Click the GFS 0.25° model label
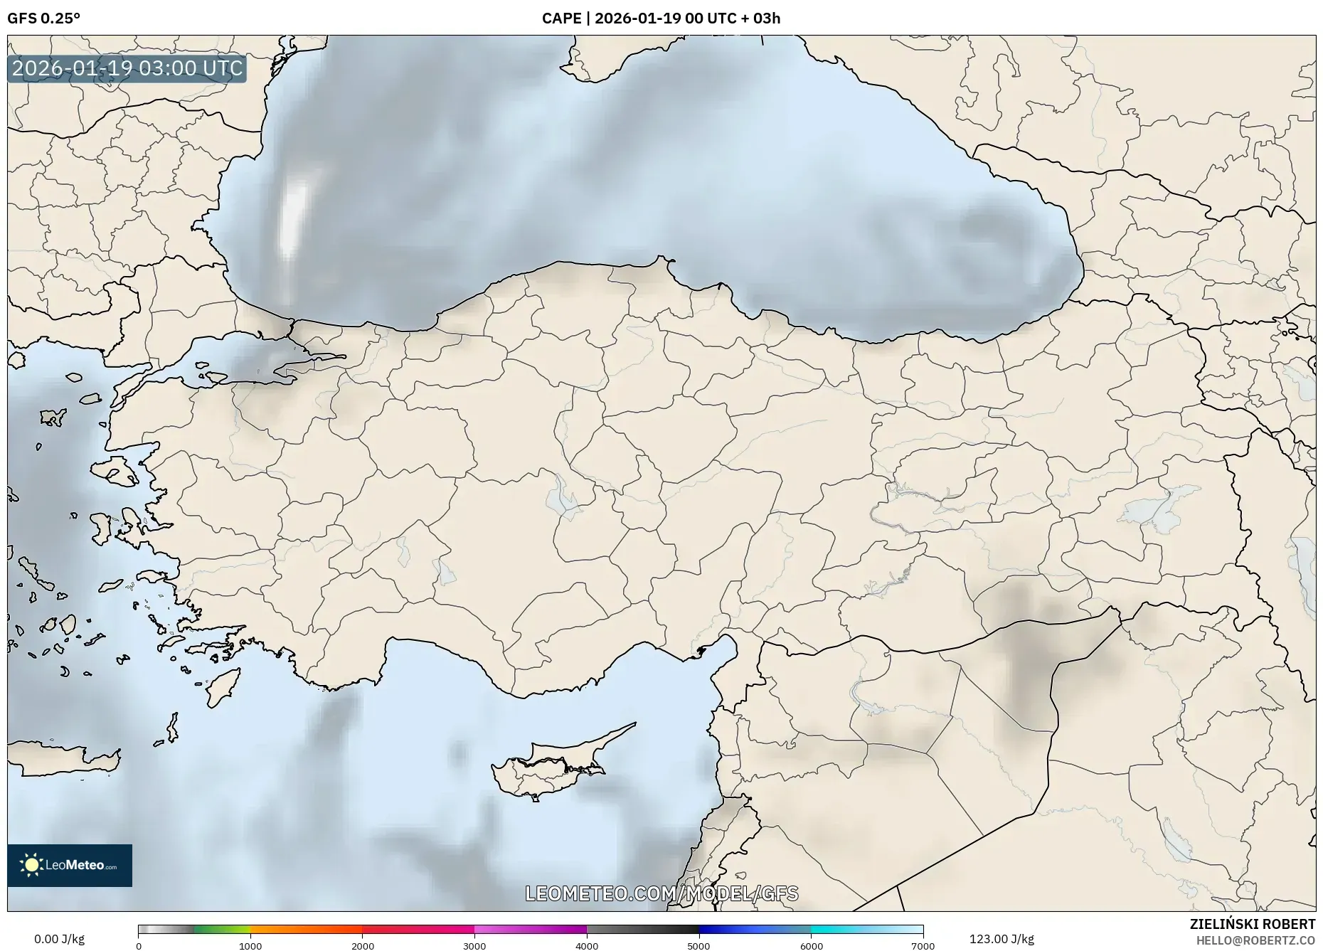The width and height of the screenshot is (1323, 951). point(43,18)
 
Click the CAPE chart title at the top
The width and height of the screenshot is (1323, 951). point(661,18)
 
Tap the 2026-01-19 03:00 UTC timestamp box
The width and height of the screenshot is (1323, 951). point(127,68)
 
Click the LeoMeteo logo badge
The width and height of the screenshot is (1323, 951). point(70,865)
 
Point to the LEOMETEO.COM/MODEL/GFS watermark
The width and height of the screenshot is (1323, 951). point(661,893)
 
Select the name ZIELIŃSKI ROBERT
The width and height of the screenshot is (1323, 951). point(1252,924)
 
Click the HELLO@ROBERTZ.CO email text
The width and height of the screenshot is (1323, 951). point(1255,940)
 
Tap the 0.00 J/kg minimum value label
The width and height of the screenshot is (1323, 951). point(59,939)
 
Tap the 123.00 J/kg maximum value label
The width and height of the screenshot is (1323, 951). point(1001,939)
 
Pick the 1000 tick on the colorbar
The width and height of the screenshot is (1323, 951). point(250,946)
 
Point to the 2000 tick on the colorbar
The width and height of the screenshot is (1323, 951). point(363,946)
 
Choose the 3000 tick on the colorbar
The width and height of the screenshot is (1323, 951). point(474,946)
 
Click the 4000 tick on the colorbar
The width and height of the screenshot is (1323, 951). point(587,946)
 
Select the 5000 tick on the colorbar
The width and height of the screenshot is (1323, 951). point(698,946)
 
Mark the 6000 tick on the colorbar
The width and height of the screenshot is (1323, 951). point(811,946)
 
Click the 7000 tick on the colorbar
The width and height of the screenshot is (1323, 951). point(923,946)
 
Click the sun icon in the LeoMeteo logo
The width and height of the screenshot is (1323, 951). point(31,865)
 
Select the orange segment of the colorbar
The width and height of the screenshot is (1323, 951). point(306,929)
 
